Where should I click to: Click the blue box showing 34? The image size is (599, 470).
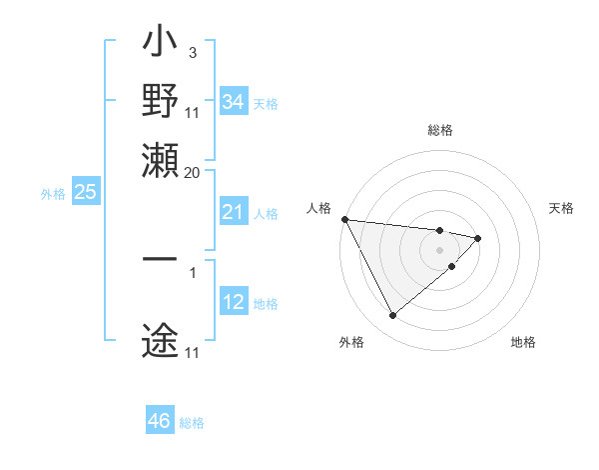pos(233,101)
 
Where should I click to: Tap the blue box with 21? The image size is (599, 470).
pos(233,212)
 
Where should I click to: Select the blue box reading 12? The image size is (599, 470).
pos(233,302)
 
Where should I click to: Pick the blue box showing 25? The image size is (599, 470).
pos(85,192)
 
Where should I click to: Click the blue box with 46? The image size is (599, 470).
pos(159,421)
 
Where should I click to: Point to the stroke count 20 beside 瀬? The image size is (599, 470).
pos(192,172)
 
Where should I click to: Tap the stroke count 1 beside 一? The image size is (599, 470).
pos(193,270)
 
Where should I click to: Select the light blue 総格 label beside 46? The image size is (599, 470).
pos(192,423)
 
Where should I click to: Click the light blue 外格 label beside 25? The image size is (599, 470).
pos(52,194)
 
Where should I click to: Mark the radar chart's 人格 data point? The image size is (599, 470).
pos(343,219)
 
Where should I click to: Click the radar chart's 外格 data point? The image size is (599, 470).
pos(392,316)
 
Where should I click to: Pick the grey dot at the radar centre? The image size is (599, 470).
pos(439,249)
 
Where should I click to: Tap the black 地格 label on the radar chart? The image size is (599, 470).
pos(523,342)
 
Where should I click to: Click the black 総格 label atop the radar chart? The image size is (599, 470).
pos(439,130)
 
